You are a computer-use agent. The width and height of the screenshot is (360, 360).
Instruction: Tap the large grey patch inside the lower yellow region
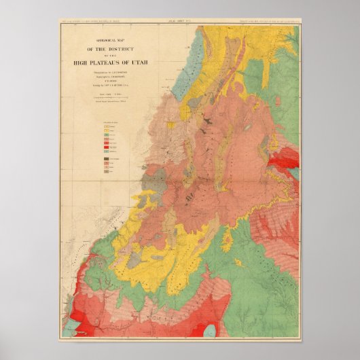point(136,258)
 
